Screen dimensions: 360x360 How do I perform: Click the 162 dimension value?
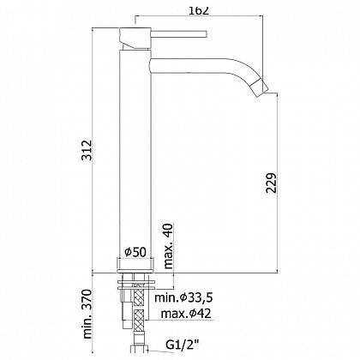pos(199,10)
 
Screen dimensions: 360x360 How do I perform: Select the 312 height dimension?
pos(87,150)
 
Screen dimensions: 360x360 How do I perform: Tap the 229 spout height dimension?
pos(272,183)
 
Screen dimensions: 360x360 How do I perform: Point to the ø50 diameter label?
pos(135,252)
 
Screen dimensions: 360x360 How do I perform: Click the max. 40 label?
pos(169,246)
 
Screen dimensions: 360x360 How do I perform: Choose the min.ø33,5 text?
pos(183,298)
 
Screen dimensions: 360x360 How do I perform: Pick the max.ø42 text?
pos(186,314)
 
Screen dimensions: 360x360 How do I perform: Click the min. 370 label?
pos(88,314)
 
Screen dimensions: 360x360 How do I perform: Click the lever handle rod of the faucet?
pos(178,33)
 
